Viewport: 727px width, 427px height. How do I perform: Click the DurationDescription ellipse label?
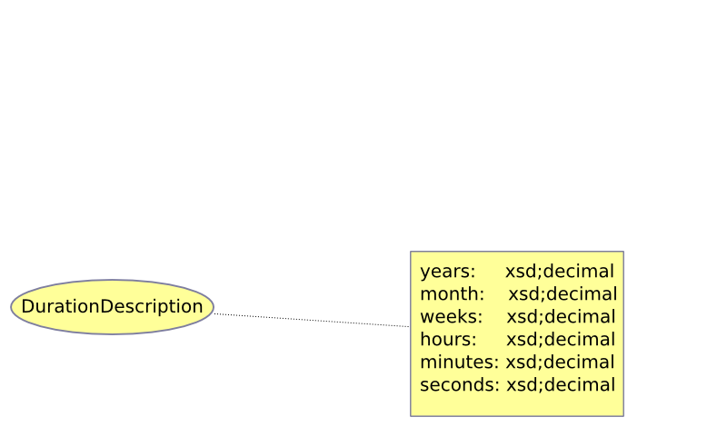(x=112, y=306)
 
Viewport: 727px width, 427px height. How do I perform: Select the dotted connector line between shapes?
(x=312, y=320)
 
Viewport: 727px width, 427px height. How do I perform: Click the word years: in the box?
(x=448, y=272)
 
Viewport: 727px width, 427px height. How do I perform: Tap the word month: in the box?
(x=452, y=294)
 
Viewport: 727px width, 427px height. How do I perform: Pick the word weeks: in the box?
(x=451, y=317)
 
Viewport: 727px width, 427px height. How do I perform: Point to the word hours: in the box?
(x=448, y=340)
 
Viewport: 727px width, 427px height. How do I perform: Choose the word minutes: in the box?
(x=460, y=362)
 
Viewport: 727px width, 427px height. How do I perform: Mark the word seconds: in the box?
(x=460, y=385)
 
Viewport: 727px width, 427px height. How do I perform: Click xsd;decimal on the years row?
(x=560, y=272)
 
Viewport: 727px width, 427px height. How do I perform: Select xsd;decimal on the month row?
(x=563, y=294)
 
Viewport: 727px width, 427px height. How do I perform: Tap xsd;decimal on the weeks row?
(x=561, y=317)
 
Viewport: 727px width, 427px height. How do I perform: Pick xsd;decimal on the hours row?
(x=561, y=340)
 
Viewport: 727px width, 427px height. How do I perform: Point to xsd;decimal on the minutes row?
(x=560, y=362)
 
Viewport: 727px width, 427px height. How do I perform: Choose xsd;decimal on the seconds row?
(x=561, y=385)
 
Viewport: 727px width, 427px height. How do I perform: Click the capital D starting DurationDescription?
(x=28, y=306)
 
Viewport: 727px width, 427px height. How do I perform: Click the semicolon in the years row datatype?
(x=539, y=273)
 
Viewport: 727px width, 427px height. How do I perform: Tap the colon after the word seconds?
(x=496, y=386)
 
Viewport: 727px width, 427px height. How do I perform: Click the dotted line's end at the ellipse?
(x=214, y=313)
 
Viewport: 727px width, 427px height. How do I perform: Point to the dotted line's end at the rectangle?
(x=410, y=326)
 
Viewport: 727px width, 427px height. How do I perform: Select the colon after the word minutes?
(x=496, y=363)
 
